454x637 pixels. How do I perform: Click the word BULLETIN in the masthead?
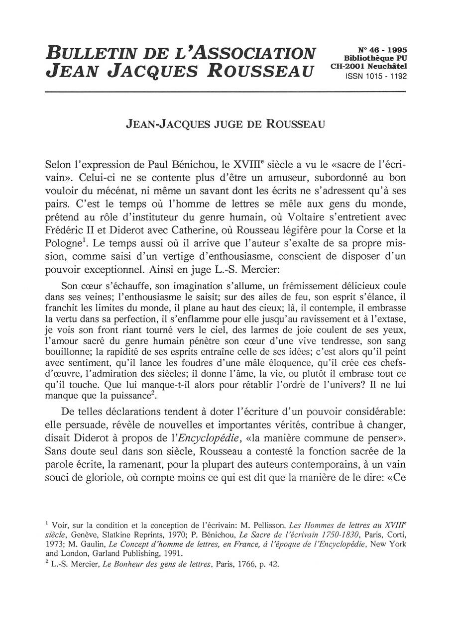[89, 53]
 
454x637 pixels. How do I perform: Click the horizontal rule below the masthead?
[226, 92]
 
